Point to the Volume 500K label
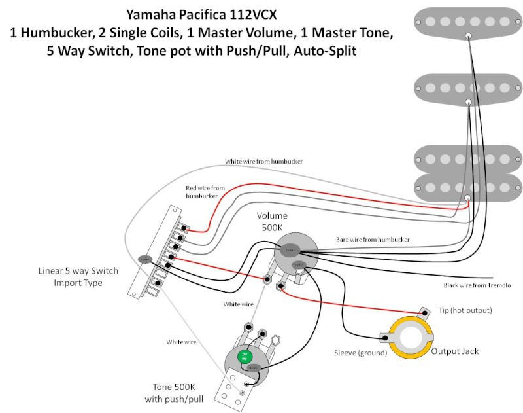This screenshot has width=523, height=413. pyautogui.click(x=271, y=221)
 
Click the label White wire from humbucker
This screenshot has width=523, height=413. pyautogui.click(x=263, y=161)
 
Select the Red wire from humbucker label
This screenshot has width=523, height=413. pyautogui.click(x=205, y=192)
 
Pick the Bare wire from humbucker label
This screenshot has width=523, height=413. pyautogui.click(x=373, y=240)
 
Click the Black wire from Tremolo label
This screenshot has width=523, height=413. pyautogui.click(x=477, y=285)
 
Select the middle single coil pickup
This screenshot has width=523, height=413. pyautogui.click(x=468, y=87)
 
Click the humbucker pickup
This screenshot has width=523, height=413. pyautogui.click(x=468, y=173)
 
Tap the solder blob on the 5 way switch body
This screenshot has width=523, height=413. pyautogui.click(x=145, y=259)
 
